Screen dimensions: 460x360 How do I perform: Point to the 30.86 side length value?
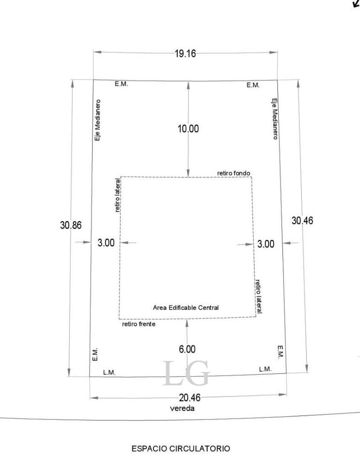(x=71, y=225)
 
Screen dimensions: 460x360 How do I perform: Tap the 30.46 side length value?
(x=302, y=221)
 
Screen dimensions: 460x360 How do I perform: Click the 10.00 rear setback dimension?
(x=188, y=129)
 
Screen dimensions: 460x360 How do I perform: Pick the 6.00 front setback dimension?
(x=187, y=349)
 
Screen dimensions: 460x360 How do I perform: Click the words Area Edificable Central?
(x=186, y=308)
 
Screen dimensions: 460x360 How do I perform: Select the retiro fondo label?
(x=234, y=173)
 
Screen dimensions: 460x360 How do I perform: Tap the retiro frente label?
(x=139, y=324)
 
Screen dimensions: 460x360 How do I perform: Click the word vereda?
(x=183, y=408)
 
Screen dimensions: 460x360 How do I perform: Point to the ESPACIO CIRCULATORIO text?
(x=181, y=448)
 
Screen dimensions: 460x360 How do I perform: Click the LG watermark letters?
(x=186, y=374)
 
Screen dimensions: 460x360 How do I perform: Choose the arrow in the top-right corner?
(x=355, y=4)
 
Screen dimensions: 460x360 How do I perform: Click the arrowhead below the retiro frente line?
(x=187, y=322)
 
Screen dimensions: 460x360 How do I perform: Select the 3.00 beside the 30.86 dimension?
(x=106, y=243)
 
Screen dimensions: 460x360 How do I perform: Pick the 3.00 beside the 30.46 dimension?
(x=266, y=244)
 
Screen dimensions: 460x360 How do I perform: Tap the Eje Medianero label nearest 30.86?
(x=97, y=121)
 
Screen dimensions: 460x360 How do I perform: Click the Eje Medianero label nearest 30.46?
(x=275, y=119)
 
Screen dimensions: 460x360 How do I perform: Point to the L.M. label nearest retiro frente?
(x=109, y=373)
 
